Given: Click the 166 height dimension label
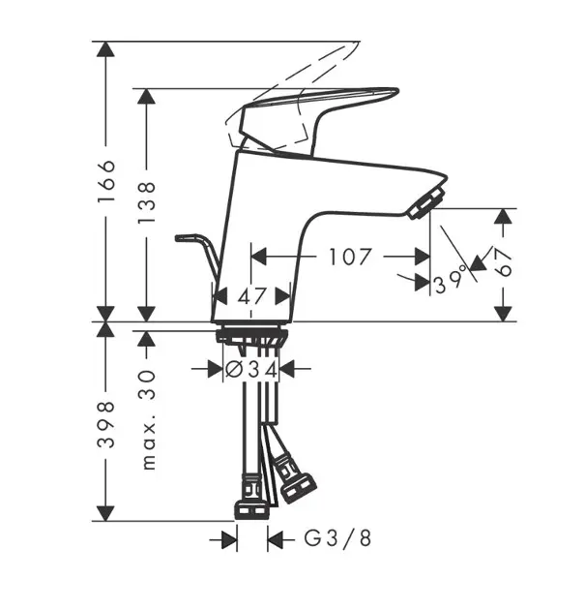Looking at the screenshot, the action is pos(106,181).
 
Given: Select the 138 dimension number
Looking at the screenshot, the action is pos(147,202).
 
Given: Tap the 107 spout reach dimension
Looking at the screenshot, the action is pos(350,257).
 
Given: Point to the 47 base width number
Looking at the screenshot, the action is pos(252,297).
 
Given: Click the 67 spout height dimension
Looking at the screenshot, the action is pos(504,262).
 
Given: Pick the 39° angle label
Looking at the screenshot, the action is pos(451,279).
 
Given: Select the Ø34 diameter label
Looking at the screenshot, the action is pos(251,369).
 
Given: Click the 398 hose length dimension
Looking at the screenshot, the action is pos(106,424).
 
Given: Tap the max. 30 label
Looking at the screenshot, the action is pos(148,420).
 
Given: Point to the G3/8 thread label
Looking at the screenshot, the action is pos(337,538).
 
